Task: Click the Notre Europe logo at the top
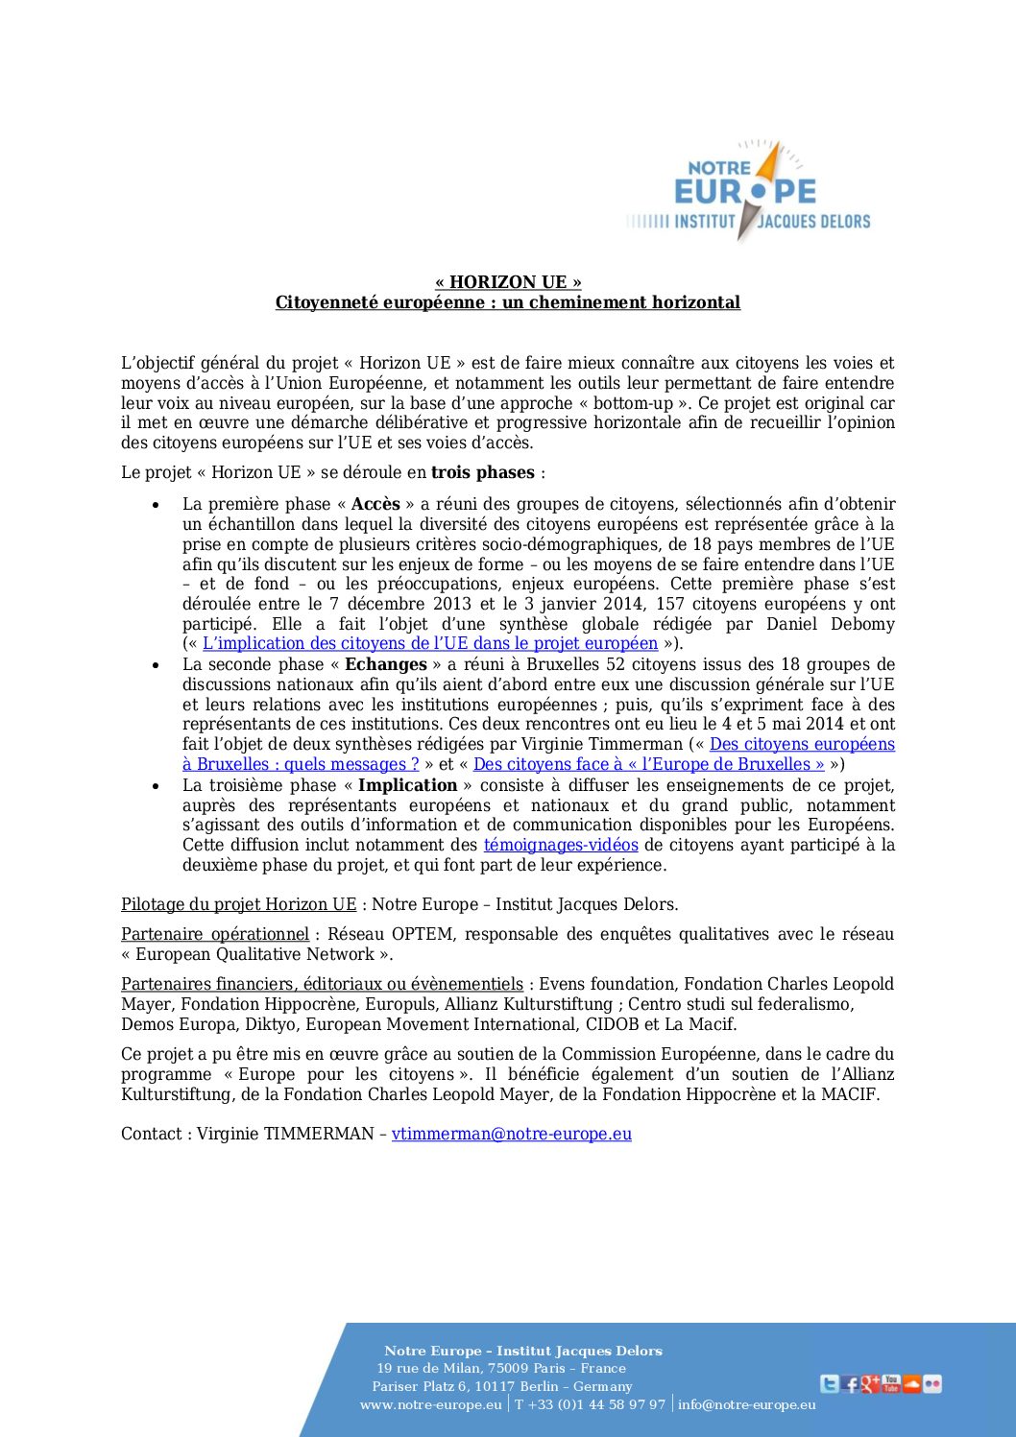[748, 191]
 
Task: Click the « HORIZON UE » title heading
[508, 282]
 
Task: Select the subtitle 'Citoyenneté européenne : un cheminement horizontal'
[508, 302]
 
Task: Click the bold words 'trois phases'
[482, 472]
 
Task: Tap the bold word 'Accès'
[375, 504]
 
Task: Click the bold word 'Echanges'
[386, 664]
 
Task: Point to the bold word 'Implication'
[407, 785]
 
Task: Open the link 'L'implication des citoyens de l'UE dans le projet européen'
[430, 643]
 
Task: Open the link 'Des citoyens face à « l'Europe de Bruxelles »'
[648, 764]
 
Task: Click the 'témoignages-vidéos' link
[561, 845]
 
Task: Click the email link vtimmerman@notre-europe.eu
[512, 1134]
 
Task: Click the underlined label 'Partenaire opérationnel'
[215, 934]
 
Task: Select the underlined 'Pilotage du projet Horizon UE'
[238, 904]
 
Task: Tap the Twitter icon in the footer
[829, 1384]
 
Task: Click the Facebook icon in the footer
[850, 1384]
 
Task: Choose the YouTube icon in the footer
[891, 1383]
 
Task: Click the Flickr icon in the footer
[932, 1384]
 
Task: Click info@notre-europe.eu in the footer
[747, 1404]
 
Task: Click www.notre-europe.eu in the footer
[430, 1404]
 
